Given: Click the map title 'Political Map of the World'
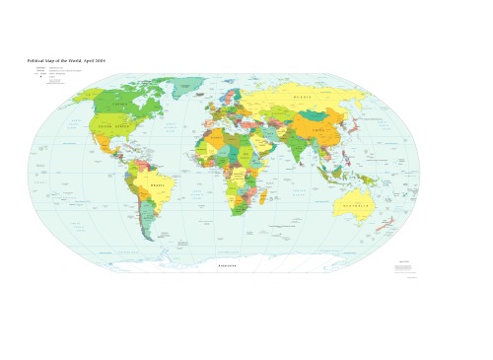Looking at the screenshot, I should point(66,61).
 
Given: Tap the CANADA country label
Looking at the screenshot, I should point(119,105).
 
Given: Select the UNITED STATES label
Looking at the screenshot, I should point(115,126).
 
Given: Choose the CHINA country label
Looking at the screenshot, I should point(317,130).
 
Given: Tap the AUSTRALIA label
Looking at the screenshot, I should point(357,206).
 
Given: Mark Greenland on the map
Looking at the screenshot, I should point(186,87).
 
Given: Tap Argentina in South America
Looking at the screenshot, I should point(146,221).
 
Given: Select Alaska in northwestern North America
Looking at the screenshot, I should point(86,96).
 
